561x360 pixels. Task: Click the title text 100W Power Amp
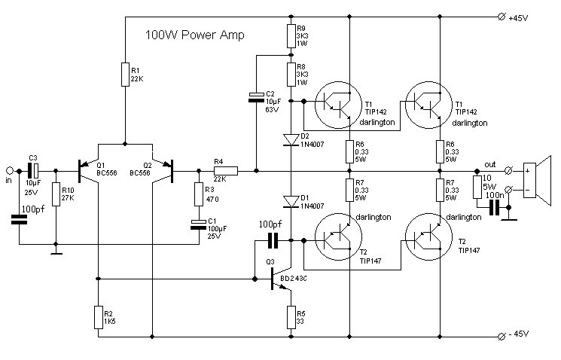coord(194,35)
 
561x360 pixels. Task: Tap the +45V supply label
coord(518,18)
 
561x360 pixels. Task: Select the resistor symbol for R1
coord(125,75)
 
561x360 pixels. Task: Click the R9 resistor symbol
coord(291,36)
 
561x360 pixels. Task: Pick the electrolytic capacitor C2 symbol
coord(256,97)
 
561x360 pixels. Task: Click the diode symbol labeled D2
coord(291,140)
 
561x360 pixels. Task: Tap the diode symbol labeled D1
coord(291,202)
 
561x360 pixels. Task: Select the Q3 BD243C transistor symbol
coord(280,278)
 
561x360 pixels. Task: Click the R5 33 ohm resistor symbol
coord(291,317)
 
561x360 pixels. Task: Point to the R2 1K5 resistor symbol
coord(99,317)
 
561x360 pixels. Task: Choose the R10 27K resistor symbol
coord(56,194)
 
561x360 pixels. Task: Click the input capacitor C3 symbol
coord(33,171)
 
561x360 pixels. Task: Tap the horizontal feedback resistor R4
coord(226,171)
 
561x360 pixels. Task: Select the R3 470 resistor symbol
coord(199,194)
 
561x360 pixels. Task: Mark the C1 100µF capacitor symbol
coord(199,224)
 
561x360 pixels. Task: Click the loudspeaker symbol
coord(537,181)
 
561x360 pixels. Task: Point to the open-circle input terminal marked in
coord(10,171)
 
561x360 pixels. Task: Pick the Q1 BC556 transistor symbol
coord(88,171)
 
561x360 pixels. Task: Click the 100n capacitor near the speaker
coord(494,208)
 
